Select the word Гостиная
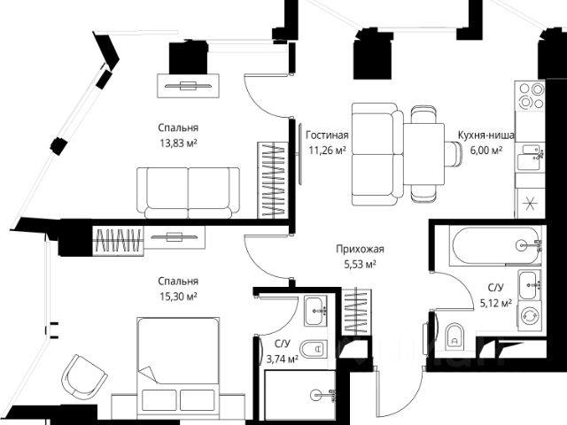pos(327,135)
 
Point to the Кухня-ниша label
pos(481,135)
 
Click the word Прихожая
pos(359,249)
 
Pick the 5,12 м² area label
pos(496,303)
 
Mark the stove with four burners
pos(530,95)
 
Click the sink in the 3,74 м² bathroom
pos(315,310)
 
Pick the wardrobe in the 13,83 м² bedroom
pos(272,179)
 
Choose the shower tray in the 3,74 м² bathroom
pos(300,395)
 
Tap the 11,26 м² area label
pos(327,151)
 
